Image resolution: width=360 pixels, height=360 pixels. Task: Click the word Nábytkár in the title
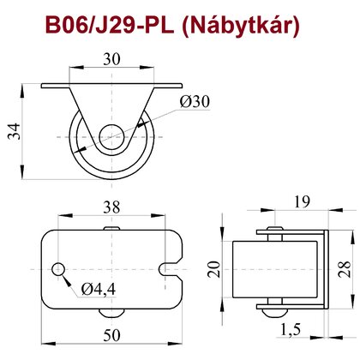(x=241, y=26)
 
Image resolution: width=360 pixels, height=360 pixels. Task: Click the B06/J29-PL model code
(x=110, y=25)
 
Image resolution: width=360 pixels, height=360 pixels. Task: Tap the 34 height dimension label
(x=15, y=131)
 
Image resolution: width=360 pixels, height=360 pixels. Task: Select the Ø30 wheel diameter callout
(x=195, y=101)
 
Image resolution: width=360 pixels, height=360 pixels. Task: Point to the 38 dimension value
(x=111, y=207)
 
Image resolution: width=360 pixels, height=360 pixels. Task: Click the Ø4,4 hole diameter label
(x=99, y=289)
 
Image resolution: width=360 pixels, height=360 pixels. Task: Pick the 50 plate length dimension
(x=111, y=335)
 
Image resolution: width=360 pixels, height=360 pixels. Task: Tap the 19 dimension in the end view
(x=302, y=201)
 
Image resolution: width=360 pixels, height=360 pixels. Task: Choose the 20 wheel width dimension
(x=214, y=269)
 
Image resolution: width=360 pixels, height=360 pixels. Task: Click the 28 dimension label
(x=345, y=269)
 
